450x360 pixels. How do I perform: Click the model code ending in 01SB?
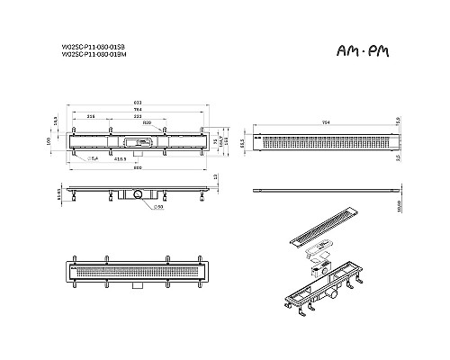point(100,47)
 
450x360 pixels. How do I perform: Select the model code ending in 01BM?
point(100,55)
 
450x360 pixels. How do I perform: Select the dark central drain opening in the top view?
point(142,141)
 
